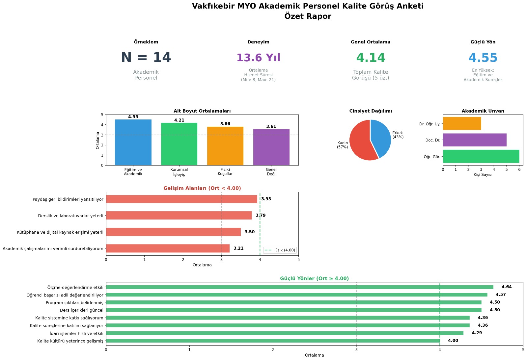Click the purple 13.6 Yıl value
258,58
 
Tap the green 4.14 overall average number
371,58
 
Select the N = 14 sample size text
146,58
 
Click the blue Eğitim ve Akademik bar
133,142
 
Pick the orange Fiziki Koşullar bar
225,146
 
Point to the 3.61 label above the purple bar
271,127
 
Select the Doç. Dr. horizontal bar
474,140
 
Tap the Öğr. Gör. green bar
481,156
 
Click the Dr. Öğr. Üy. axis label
430,124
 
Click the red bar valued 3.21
168,248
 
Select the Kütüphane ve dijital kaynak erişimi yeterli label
60,232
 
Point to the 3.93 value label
266,199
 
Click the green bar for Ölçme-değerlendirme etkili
299,287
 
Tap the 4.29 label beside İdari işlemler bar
477,333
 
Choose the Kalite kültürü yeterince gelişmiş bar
273,341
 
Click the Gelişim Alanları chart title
202,188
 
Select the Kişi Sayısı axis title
483,175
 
